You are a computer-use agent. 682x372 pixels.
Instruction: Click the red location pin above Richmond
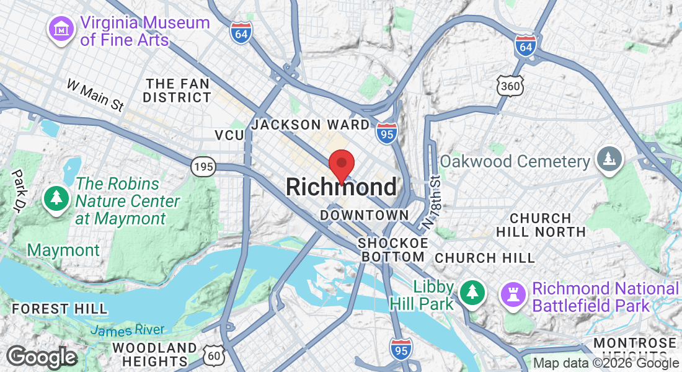(x=340, y=164)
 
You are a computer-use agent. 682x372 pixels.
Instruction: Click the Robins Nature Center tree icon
(x=57, y=198)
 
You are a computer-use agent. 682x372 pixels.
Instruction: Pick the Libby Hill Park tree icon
(x=472, y=291)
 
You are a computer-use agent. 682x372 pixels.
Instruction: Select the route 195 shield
(x=203, y=166)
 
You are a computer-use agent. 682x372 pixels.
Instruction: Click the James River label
(x=127, y=330)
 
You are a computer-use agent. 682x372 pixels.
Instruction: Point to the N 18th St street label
(x=432, y=200)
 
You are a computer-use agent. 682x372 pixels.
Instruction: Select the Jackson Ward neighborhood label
(x=311, y=125)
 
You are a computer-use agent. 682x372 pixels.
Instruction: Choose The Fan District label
(x=177, y=91)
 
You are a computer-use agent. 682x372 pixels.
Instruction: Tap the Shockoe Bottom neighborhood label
(x=392, y=249)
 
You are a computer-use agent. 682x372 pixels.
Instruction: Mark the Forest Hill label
(x=60, y=308)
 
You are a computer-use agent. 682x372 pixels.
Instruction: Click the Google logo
(x=42, y=357)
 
